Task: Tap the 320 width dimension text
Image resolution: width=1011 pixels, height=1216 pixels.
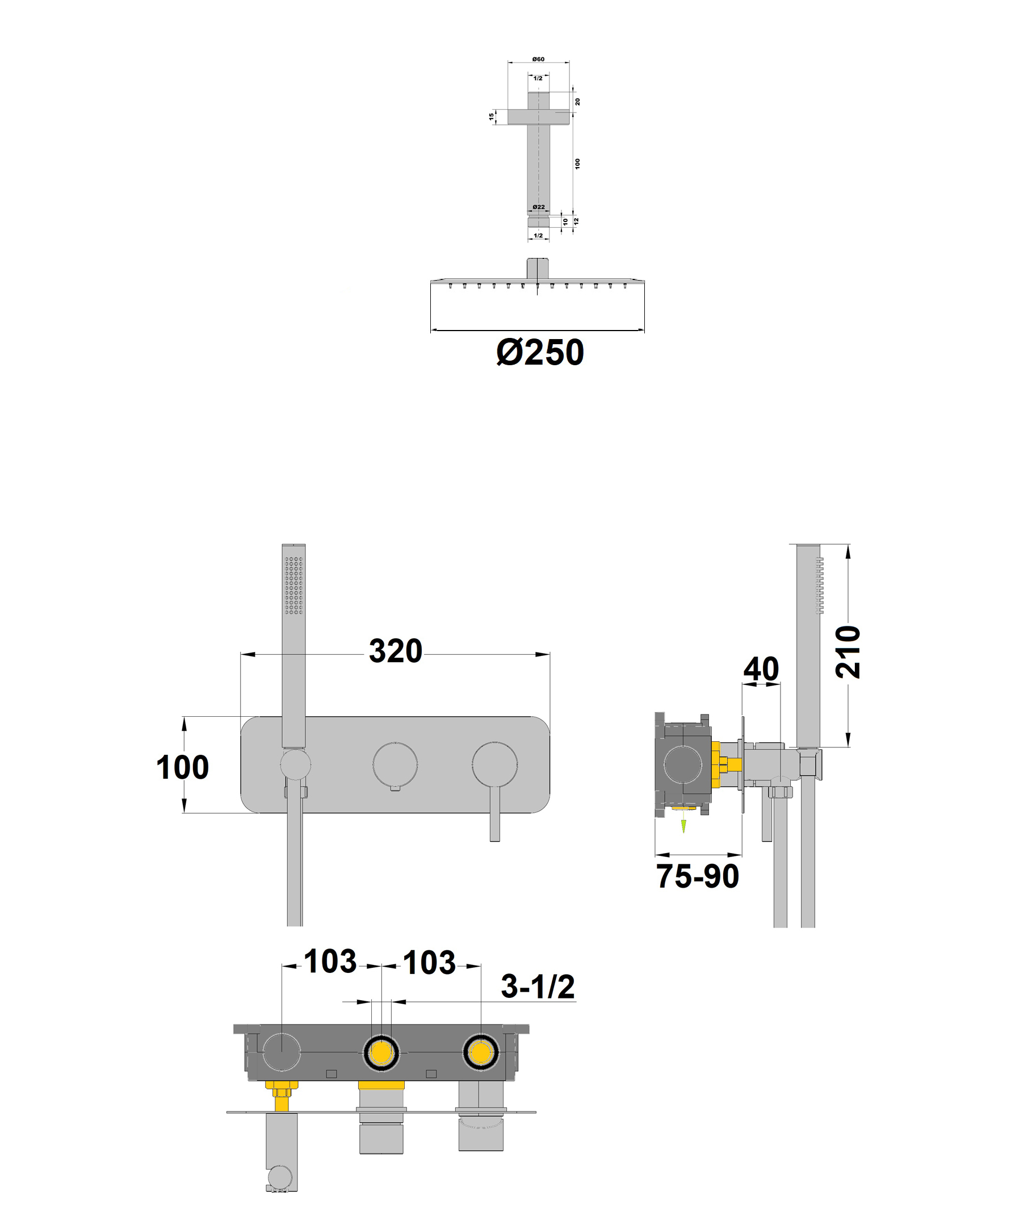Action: pyautogui.click(x=396, y=651)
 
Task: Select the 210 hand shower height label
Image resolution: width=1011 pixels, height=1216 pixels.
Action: pyautogui.click(x=848, y=651)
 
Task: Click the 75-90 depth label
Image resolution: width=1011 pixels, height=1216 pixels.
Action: pyautogui.click(x=697, y=876)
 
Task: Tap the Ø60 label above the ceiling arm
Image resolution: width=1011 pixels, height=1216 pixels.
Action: pyautogui.click(x=538, y=59)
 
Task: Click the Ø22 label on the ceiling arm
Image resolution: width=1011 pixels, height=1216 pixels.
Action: pyautogui.click(x=538, y=207)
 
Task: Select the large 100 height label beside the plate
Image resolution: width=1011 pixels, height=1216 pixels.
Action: pyautogui.click(x=182, y=767)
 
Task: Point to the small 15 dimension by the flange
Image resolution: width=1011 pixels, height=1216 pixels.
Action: pyautogui.click(x=492, y=116)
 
